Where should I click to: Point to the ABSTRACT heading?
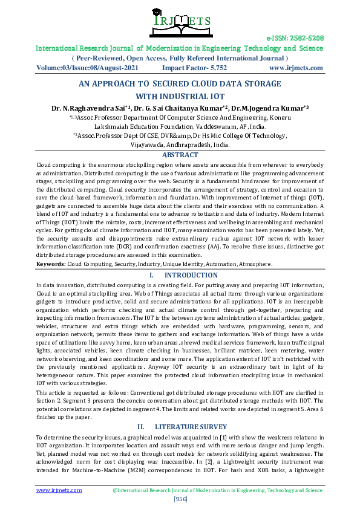pyautogui.click(x=180, y=155)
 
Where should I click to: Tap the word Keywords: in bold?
pyautogui.click(x=51, y=264)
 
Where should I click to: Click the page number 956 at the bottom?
pyautogui.click(x=180, y=499)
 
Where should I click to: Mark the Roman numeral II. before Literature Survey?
pyautogui.click(x=142, y=426)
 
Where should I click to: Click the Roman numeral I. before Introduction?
pyautogui.click(x=151, y=275)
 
